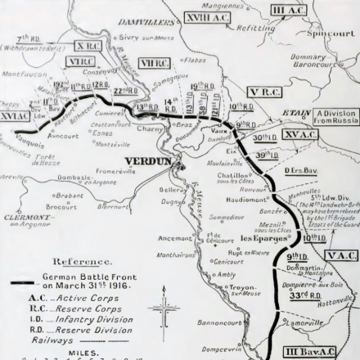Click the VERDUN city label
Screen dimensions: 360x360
(147, 160)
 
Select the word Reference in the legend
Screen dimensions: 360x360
(78, 261)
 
